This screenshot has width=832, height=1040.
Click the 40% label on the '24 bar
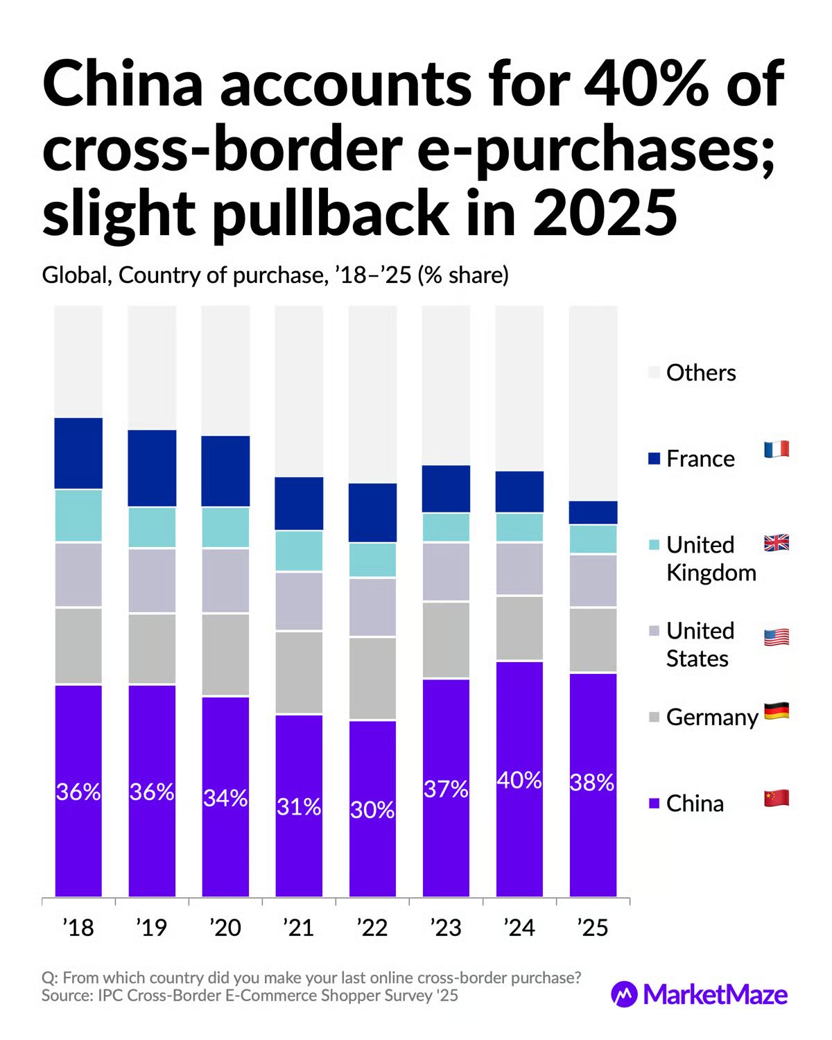point(519,781)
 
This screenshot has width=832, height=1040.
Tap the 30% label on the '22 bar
point(372,810)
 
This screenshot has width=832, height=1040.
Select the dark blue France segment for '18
point(78,453)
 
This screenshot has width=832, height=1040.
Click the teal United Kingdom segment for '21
point(299,551)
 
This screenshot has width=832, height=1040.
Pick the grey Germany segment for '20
point(225,655)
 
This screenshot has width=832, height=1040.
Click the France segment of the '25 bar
point(593,512)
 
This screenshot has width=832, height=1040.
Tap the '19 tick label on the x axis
point(152,928)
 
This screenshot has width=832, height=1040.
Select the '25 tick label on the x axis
point(593,928)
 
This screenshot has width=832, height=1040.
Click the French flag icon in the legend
point(777,449)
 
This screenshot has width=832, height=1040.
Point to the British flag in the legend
point(777,543)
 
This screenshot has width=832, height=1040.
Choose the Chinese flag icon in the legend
point(777,799)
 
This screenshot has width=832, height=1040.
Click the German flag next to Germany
point(777,711)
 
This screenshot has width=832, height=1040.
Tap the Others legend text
point(701,373)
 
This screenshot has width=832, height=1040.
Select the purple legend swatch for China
point(654,804)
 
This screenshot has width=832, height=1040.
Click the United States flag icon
point(777,637)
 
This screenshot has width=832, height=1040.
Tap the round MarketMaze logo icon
point(624,994)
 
